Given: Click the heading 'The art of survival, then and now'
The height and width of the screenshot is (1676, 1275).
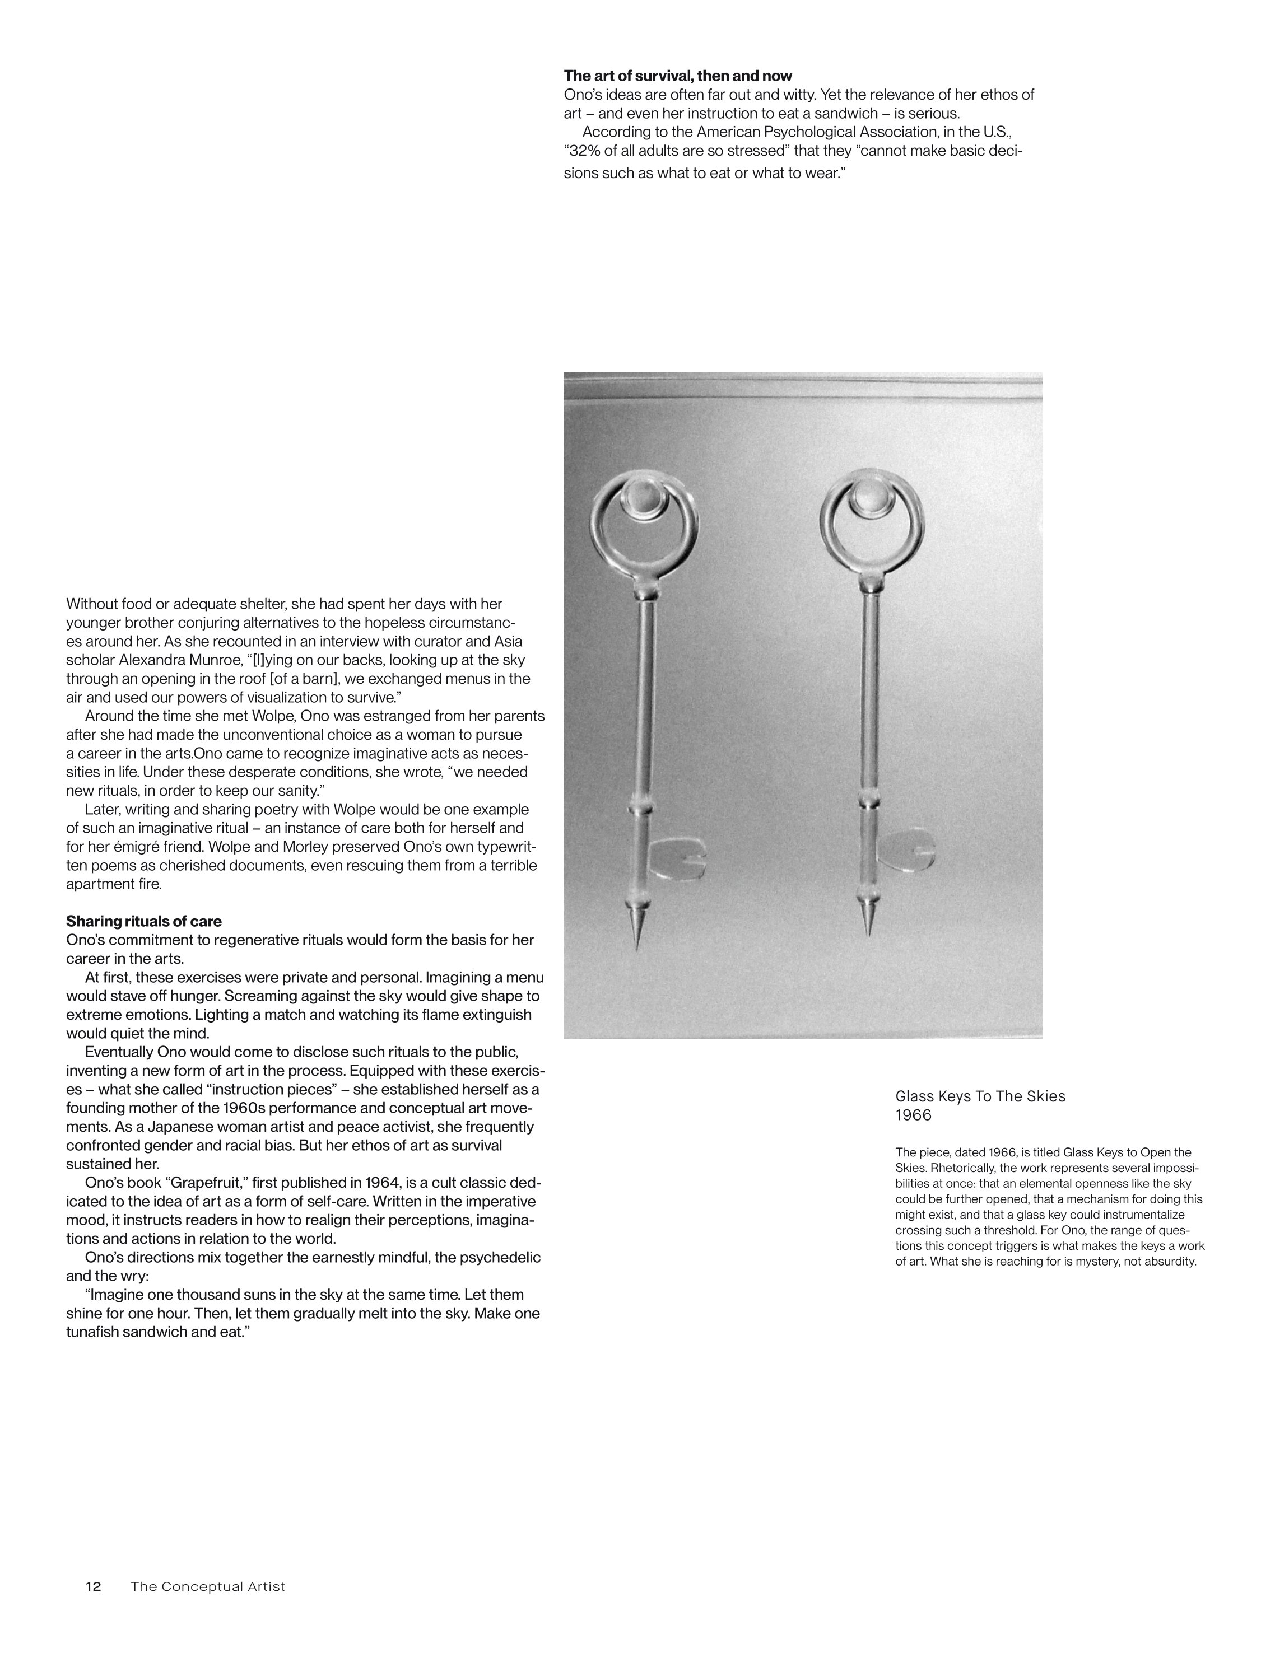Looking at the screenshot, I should tap(678, 76).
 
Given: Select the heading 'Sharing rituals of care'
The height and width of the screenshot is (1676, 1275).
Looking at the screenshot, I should tap(143, 921).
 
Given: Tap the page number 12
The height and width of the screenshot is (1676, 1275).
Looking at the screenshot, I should tap(94, 1586).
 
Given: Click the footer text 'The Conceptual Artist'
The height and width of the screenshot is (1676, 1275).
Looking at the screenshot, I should tap(208, 1586).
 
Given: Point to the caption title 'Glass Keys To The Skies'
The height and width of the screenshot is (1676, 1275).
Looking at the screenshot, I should tap(980, 1096).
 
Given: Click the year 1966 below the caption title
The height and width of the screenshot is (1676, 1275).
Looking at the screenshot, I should tap(913, 1115).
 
